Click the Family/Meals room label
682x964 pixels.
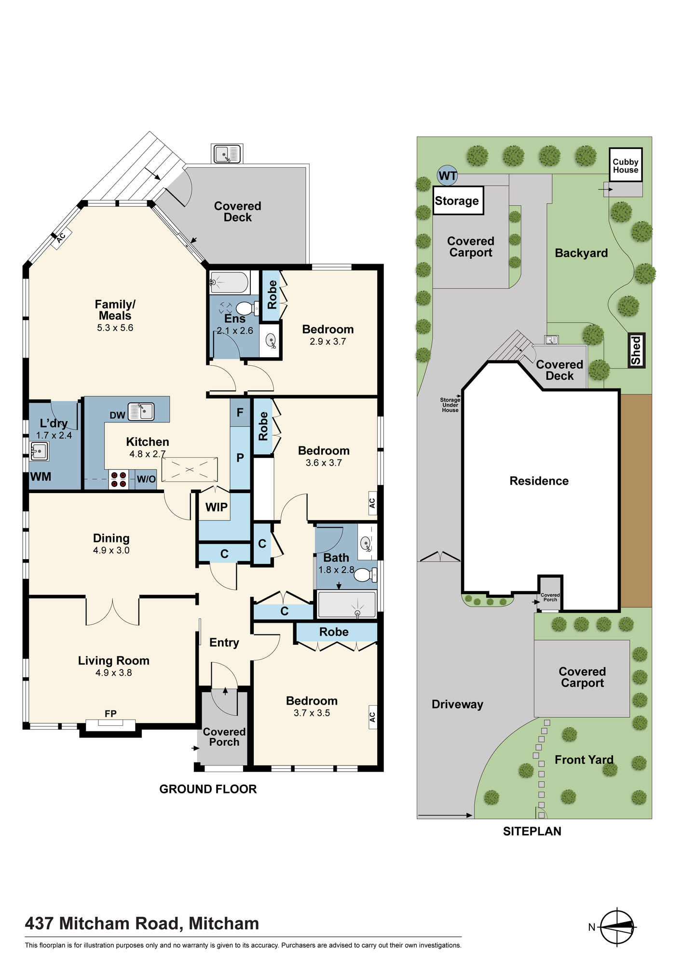[x=115, y=310]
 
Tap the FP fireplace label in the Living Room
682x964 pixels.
[x=110, y=713]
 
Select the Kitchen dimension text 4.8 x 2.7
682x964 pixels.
[x=148, y=454]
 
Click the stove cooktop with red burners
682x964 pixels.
[x=119, y=479]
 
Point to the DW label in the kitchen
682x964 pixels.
[x=117, y=415]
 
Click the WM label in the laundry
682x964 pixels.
[x=41, y=477]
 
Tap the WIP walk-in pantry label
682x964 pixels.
[x=216, y=507]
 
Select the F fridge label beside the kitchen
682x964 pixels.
[x=240, y=413]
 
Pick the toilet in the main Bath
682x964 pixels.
[x=366, y=575]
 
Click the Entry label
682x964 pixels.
[x=224, y=643]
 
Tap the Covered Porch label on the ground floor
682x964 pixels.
[x=224, y=737]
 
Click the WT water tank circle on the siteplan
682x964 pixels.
[x=447, y=176]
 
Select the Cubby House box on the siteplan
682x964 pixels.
[x=626, y=165]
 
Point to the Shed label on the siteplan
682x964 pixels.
[x=636, y=350]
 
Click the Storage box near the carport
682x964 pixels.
[x=457, y=201]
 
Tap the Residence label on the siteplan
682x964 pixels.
[x=539, y=481]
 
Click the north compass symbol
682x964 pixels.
[x=618, y=926]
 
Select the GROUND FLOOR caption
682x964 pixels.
[x=208, y=789]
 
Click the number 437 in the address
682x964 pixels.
[x=40, y=924]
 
